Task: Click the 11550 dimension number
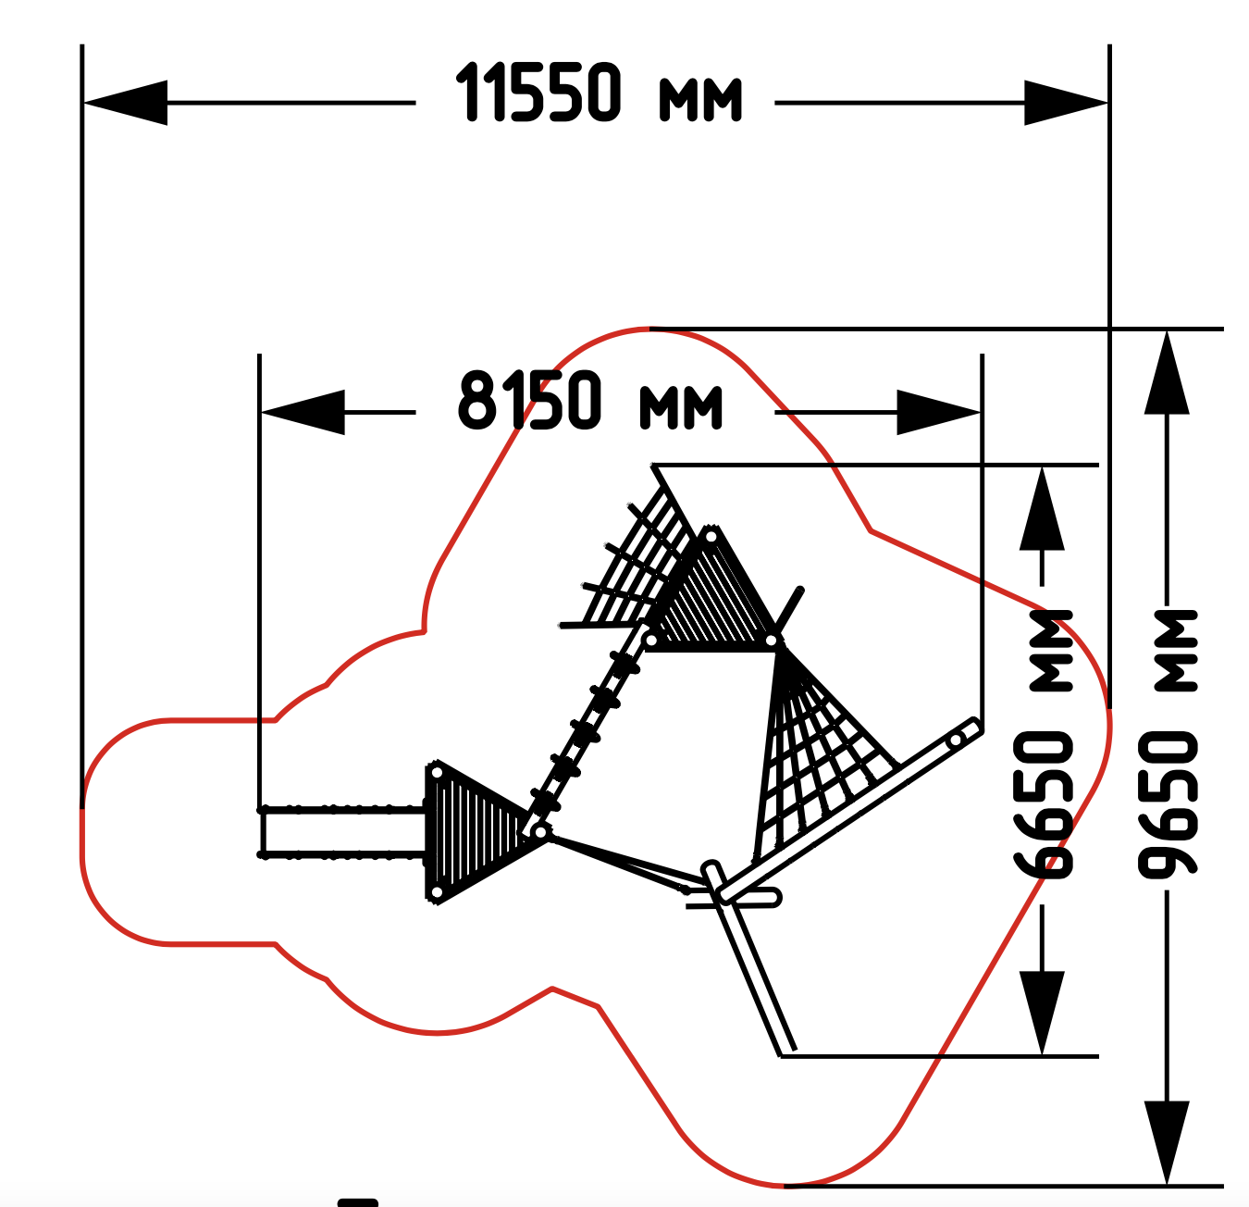538,93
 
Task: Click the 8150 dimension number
529,400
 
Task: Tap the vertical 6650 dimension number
1044,805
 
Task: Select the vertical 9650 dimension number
1168,805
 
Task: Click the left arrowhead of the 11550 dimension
125,103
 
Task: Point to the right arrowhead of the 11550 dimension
1066,103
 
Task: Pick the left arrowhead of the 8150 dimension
303,412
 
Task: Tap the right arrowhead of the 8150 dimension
938,412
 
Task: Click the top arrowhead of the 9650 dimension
1167,372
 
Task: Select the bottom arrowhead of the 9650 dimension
1167,1143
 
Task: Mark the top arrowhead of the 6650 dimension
1043,508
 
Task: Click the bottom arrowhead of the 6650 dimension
1043,1013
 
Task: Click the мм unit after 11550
701,100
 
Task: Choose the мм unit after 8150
681,407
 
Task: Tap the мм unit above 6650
1051,651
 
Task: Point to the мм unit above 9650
1176,651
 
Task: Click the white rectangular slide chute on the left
342,832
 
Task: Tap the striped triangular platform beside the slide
478,832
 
